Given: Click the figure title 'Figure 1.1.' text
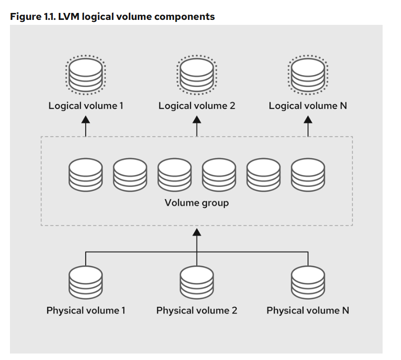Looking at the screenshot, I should coord(32,16).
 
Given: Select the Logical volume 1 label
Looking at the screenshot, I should coord(86,106).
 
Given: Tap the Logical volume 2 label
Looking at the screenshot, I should coord(197,106).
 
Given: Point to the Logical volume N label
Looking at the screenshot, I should coord(308,106).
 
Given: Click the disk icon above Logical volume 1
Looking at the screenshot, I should coord(86,74).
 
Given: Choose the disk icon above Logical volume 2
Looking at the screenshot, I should coord(197,74).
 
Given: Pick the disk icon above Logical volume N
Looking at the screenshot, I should coord(308,74).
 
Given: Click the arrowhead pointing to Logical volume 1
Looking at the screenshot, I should coord(86,119).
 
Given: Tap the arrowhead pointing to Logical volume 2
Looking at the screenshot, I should coord(197,119).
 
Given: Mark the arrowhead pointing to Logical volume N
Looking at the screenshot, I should coord(308,119).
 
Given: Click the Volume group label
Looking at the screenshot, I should coord(197,203).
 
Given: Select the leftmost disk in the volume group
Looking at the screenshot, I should coord(86,175).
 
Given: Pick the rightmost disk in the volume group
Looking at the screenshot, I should coord(308,175).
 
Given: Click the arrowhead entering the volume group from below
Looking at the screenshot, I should coord(197,232).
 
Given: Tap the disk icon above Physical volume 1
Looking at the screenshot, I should coord(86,281).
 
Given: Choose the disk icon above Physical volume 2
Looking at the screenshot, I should coord(197,281).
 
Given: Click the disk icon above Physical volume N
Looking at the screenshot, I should coord(308,281).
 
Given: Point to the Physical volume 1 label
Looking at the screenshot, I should coord(86,311).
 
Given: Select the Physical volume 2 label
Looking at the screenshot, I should coord(197,311).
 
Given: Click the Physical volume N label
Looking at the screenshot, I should coord(308,311).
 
